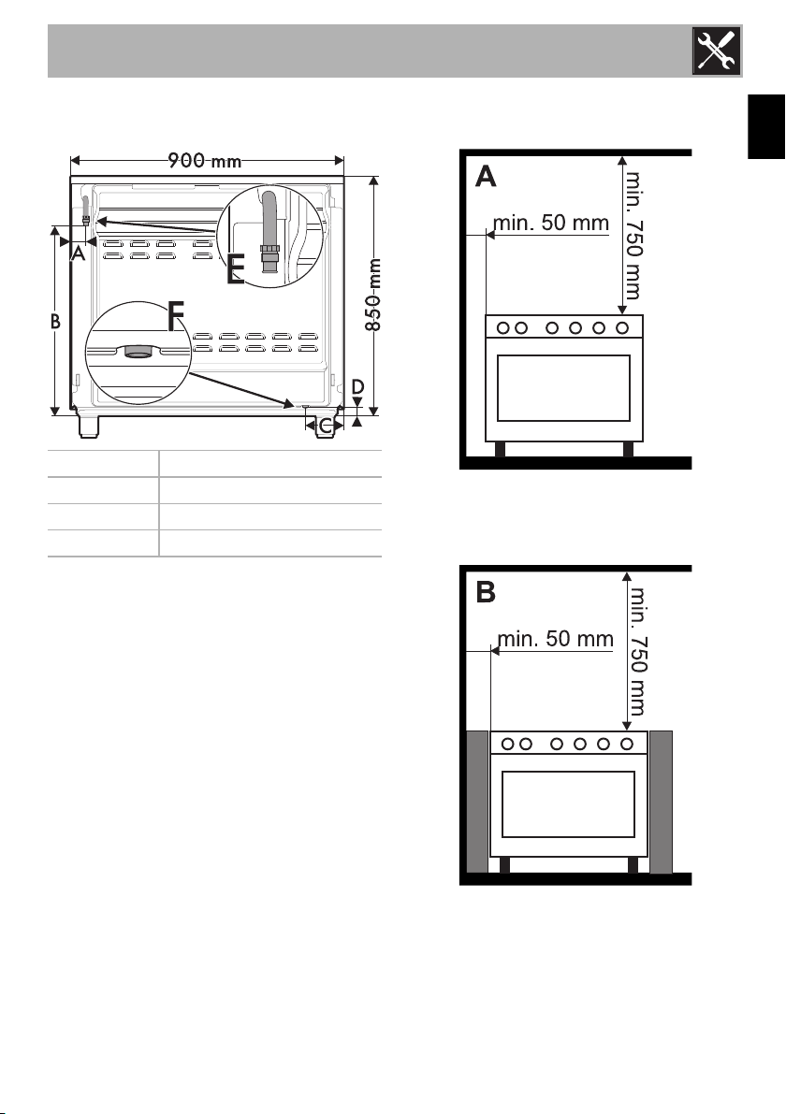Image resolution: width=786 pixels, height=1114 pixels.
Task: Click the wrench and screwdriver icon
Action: pyautogui.click(x=717, y=51)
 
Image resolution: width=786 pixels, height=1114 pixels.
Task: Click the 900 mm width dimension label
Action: pyautogui.click(x=205, y=161)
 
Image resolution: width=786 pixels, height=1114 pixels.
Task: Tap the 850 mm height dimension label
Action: pyautogui.click(x=373, y=294)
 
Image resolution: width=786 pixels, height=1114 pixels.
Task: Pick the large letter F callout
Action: pyautogui.click(x=176, y=316)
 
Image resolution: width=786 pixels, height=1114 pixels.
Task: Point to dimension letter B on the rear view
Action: pyautogui.click(x=55, y=321)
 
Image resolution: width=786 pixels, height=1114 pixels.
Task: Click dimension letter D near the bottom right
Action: pyautogui.click(x=357, y=387)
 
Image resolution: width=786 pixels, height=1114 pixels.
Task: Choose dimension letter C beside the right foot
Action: pyautogui.click(x=326, y=427)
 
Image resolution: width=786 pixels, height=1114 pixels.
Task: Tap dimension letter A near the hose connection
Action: pyautogui.click(x=79, y=253)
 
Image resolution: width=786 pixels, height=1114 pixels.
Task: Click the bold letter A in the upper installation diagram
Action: pyautogui.click(x=486, y=176)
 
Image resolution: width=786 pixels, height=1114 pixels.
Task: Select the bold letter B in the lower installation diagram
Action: pyautogui.click(x=486, y=592)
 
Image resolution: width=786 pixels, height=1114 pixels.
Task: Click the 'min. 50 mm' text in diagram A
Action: pyautogui.click(x=551, y=223)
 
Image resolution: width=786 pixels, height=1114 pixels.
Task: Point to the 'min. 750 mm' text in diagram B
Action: pyautogui.click(x=636, y=650)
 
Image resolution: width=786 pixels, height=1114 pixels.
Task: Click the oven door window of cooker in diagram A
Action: pyautogui.click(x=563, y=388)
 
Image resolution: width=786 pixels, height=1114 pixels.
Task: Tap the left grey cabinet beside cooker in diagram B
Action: pyautogui.click(x=477, y=802)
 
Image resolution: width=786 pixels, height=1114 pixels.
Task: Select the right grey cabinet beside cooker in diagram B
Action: pyautogui.click(x=661, y=802)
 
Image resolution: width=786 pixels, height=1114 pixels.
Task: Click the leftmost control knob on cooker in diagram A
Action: pyautogui.click(x=503, y=328)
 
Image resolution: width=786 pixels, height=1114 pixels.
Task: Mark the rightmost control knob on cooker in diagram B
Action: pyautogui.click(x=627, y=744)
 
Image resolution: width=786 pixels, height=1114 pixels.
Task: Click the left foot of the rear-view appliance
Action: pyautogui.click(x=89, y=426)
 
